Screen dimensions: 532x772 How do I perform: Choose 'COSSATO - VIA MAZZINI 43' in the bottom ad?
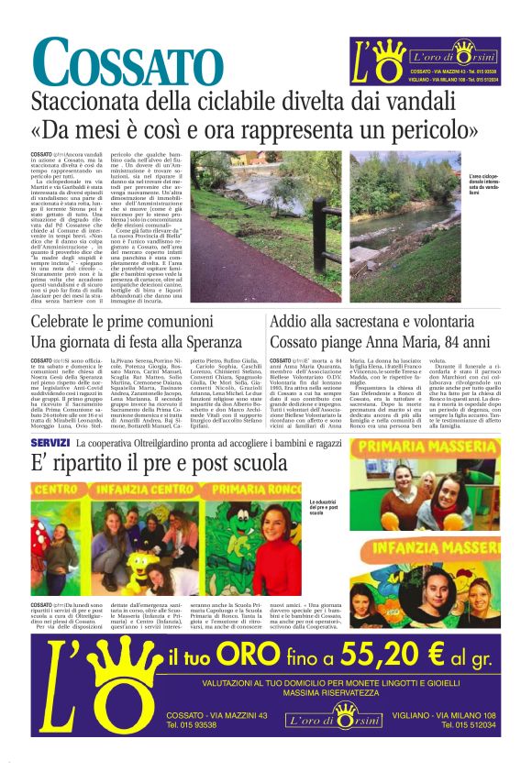[x=205, y=715]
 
